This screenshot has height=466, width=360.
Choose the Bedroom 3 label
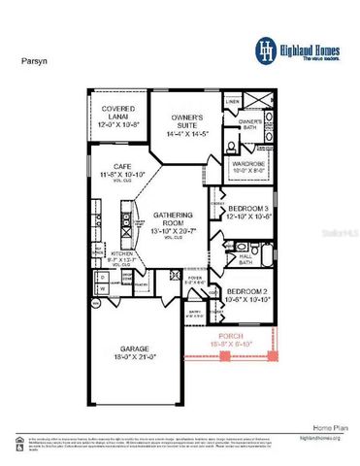pyautogui.click(x=245, y=213)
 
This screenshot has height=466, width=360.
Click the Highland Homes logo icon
pyautogui.click(x=265, y=49)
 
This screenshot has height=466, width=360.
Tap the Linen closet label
pyautogui.click(x=233, y=100)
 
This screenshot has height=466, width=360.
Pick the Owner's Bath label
pyautogui.click(x=250, y=123)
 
